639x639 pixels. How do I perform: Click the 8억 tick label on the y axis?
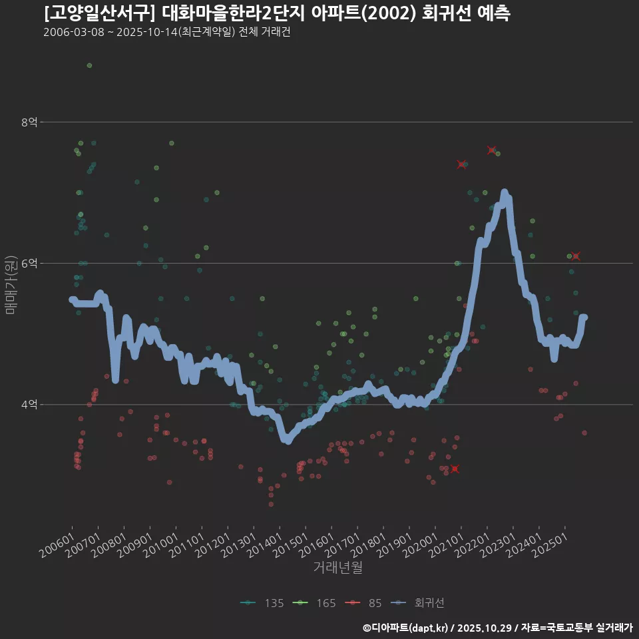click(x=29, y=122)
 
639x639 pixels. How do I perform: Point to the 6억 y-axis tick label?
click(x=29, y=264)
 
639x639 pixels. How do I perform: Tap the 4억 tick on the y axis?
click(x=29, y=405)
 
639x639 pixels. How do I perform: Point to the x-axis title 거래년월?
click(x=337, y=568)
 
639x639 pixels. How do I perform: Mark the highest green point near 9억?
click(x=89, y=65)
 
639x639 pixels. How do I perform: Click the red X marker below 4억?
click(x=455, y=469)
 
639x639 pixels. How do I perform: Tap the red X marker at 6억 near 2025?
click(x=576, y=256)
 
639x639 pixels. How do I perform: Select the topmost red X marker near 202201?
click(x=492, y=150)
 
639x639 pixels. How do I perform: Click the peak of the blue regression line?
click(x=505, y=193)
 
